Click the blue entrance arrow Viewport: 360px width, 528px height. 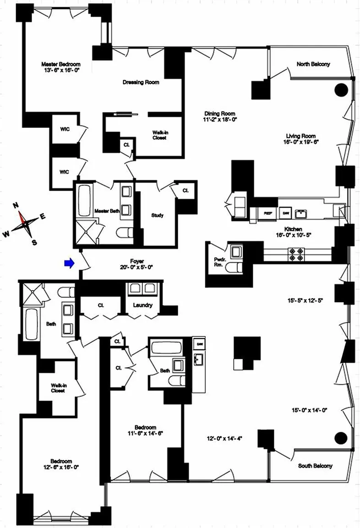[69, 263]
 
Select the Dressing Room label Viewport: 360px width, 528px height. [141, 82]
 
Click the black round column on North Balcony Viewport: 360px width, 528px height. [341, 90]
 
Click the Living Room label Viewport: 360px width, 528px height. [302, 136]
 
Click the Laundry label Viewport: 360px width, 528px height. [142, 305]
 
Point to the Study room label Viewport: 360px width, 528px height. [157, 215]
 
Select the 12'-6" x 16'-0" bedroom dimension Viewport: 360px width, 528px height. [61, 467]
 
